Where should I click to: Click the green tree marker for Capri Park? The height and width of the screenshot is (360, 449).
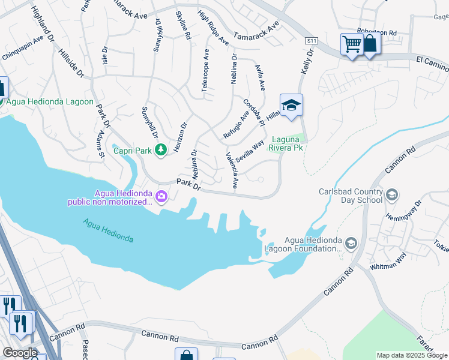(x=160, y=149)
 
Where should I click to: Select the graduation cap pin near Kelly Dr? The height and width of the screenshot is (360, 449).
(x=291, y=106)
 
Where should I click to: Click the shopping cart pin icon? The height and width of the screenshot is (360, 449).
(x=351, y=44)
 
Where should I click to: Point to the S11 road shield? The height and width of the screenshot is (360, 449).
(x=310, y=41)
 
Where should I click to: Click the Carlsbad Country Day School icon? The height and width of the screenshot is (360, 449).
(x=391, y=194)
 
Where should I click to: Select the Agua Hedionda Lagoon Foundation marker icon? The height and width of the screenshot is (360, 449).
(x=351, y=242)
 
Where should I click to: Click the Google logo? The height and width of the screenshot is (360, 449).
(x=19, y=353)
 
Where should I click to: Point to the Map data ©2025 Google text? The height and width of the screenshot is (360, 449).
(x=412, y=355)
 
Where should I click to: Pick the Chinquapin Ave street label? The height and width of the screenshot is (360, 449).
(x=23, y=47)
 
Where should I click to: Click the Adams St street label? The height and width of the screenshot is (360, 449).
(x=99, y=147)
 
